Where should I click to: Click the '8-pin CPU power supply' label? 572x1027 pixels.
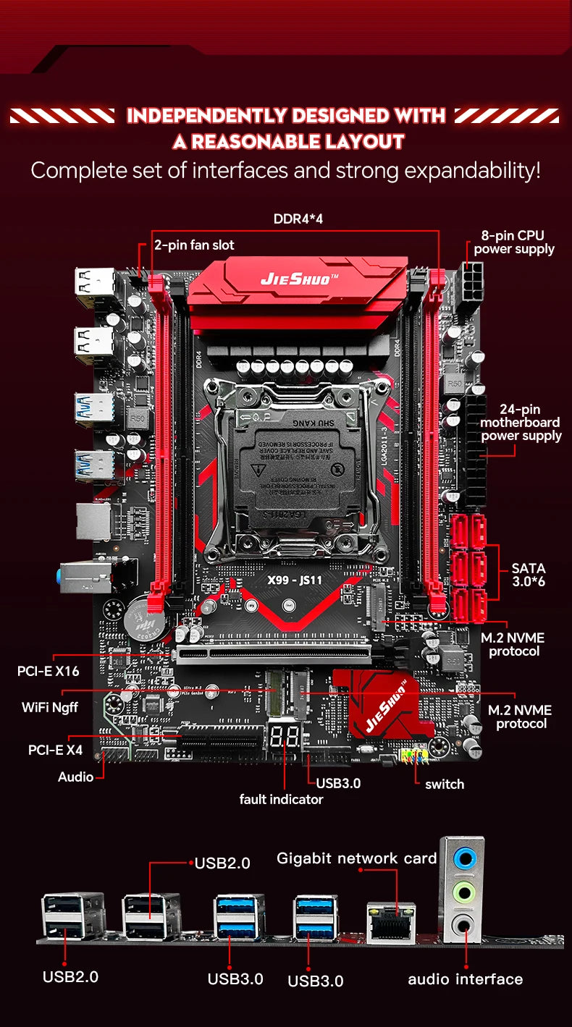(x=514, y=242)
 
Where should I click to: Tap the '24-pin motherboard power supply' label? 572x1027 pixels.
(x=521, y=423)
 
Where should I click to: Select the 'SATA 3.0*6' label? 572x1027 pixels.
(x=528, y=575)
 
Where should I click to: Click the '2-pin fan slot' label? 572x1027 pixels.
(x=194, y=245)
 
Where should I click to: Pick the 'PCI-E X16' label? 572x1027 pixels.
(x=48, y=671)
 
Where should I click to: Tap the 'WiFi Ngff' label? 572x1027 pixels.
(x=50, y=707)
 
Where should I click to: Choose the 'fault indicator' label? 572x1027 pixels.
(x=281, y=799)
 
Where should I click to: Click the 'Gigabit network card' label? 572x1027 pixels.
(x=357, y=858)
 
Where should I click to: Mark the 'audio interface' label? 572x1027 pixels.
(x=465, y=979)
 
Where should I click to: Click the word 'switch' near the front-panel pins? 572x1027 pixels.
(x=445, y=784)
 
